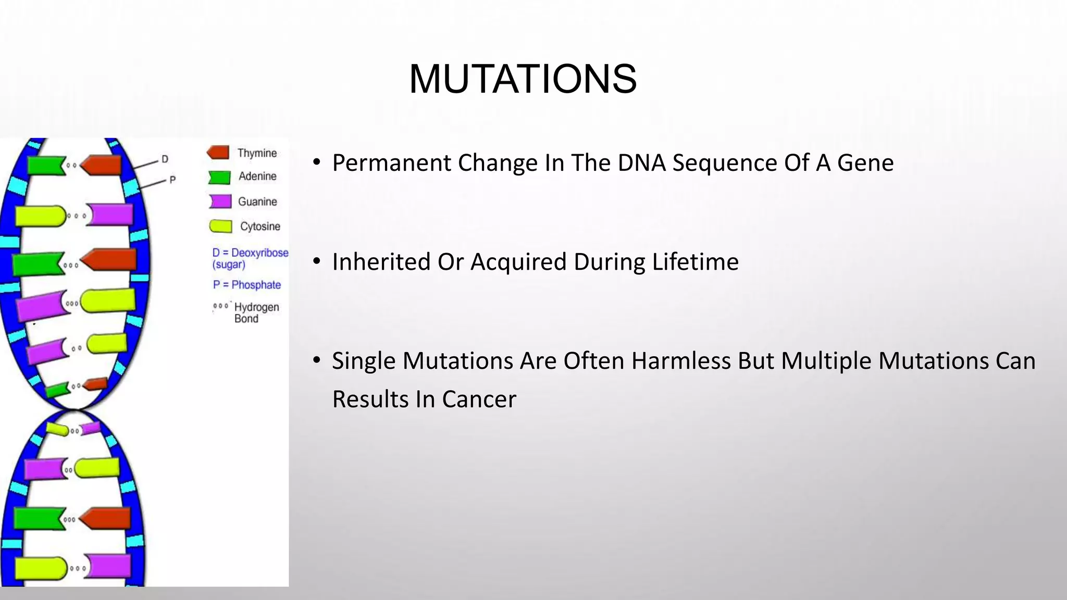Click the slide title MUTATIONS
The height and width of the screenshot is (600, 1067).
tap(523, 79)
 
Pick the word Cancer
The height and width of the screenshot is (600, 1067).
tap(479, 399)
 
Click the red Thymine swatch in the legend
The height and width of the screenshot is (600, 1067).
tap(218, 153)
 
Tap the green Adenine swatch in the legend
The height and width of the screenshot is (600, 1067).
tap(219, 177)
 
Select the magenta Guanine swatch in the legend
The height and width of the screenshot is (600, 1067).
tap(220, 202)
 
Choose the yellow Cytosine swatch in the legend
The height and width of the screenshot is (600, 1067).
tap(220, 227)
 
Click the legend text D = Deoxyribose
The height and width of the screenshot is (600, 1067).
tap(250, 253)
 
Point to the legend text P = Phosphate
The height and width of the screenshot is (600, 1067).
tap(247, 285)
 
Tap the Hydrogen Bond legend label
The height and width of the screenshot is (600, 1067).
tap(256, 312)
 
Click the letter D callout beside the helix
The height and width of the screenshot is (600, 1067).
tap(165, 159)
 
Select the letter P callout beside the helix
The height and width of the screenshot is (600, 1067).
tap(172, 180)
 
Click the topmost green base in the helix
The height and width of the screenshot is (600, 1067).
tap(44, 165)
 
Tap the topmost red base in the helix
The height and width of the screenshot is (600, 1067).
tap(102, 165)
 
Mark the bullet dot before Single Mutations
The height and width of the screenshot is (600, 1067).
tap(316, 360)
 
